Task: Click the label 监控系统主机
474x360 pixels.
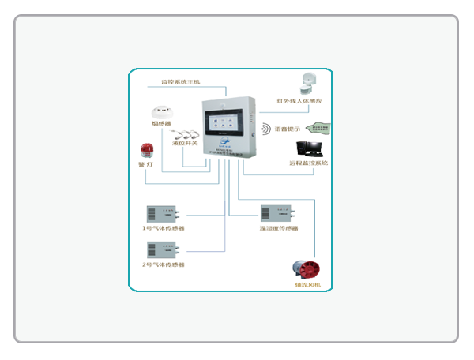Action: tap(180, 81)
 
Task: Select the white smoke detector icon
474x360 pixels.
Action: tap(162, 111)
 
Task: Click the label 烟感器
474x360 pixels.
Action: tap(162, 124)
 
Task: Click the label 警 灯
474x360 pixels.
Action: tap(146, 164)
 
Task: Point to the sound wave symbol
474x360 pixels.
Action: tap(265, 129)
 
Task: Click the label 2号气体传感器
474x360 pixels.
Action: tap(163, 264)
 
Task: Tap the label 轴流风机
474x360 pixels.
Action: tap(307, 285)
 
